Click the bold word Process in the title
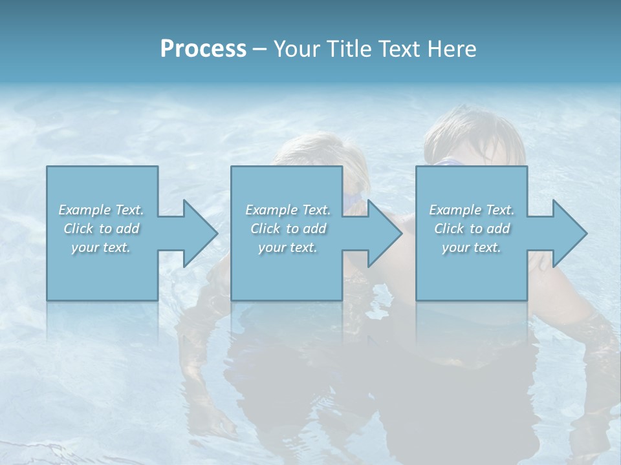203,49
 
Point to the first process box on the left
102,271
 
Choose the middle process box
287,271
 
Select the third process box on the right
472,271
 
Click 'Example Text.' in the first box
102,210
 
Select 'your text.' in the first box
102,247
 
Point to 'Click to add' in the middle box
288,229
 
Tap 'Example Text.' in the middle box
288,210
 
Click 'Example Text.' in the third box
472,210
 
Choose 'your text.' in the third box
472,247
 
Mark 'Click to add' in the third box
472,229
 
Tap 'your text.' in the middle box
288,247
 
